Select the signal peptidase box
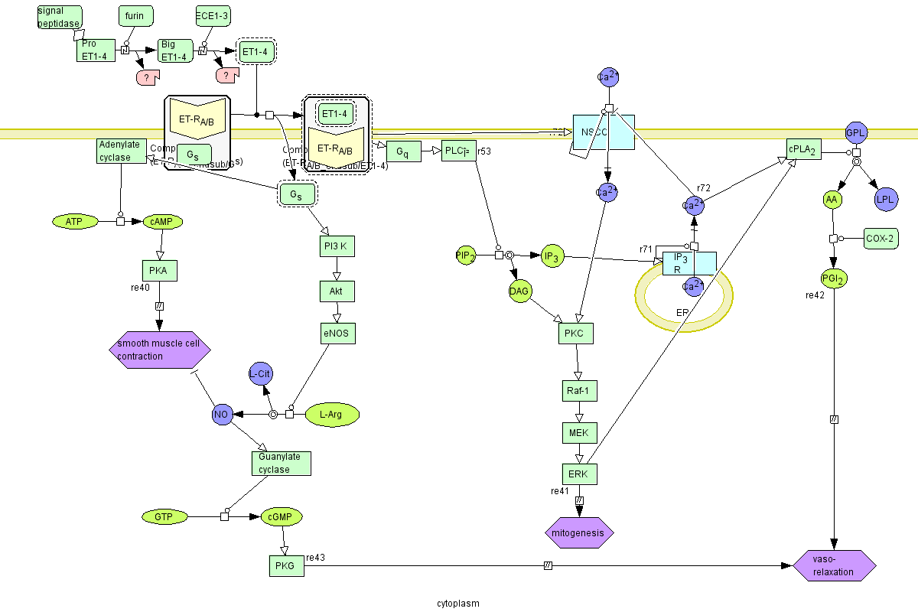tap(60, 16)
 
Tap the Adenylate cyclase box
tap(122, 151)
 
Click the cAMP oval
tap(163, 222)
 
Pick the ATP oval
tap(74, 222)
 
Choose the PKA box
tap(159, 270)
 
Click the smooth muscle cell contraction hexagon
tap(159, 350)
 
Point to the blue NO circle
tap(222, 415)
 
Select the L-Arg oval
tap(332, 415)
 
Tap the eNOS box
tap(337, 333)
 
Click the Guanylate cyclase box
tap(281, 463)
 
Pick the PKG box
tap(286, 566)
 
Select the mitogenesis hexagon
tap(579, 532)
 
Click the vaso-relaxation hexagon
tap(835, 565)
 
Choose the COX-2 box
tap(881, 238)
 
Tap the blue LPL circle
tap(886, 200)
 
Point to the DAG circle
tap(520, 291)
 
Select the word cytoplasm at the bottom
tap(457, 603)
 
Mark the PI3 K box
tap(337, 246)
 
